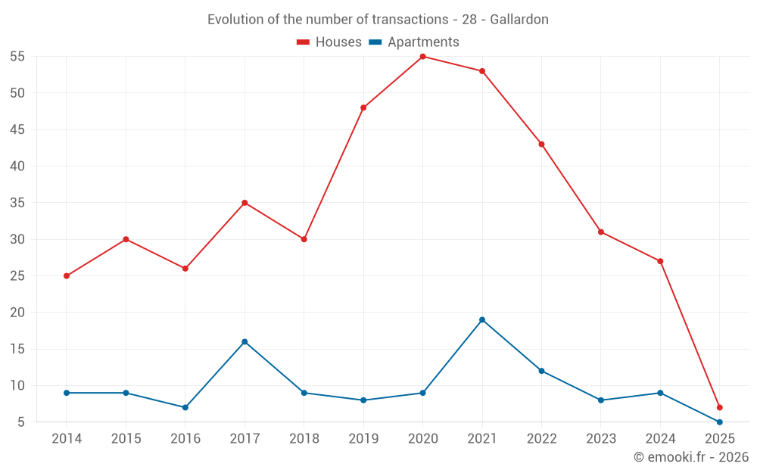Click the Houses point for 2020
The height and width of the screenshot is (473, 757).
pos(422,57)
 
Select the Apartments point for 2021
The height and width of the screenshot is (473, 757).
pos(482,319)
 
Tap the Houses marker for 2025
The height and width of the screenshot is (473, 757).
pos(719,407)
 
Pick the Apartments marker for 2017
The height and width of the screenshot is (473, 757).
pos(245,341)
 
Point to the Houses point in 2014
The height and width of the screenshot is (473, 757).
pos(67,275)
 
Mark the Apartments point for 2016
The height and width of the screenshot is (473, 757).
pos(185,407)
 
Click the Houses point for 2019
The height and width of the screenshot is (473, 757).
pos(363,107)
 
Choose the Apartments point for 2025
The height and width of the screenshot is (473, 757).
pos(719,422)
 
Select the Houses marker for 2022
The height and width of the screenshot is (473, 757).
pos(541,144)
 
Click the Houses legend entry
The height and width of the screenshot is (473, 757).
pos(329,42)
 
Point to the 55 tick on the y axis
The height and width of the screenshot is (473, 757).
pos(17,57)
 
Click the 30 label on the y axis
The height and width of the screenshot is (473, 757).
pos(17,239)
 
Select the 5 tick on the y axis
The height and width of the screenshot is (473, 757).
pos(21,422)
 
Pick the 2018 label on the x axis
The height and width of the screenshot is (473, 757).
pos(304,439)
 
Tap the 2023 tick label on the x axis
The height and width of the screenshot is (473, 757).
pos(600,439)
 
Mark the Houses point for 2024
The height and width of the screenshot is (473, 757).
pos(660,261)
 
